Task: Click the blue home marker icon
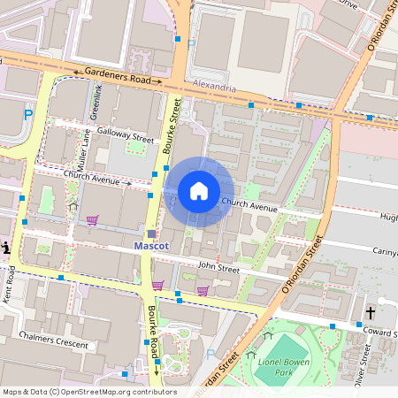[199, 191]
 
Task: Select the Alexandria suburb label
[214, 88]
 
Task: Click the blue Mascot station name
[150, 245]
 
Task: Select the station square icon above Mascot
[151, 233]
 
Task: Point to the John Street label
[218, 265]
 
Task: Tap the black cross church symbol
[371, 313]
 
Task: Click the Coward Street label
[379, 333]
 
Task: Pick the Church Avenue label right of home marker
[249, 206]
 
